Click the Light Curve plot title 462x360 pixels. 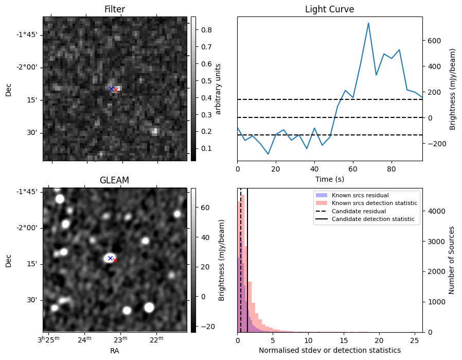[x=329, y=9]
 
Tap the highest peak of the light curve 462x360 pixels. [x=368, y=23]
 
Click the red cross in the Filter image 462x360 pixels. [x=116, y=90]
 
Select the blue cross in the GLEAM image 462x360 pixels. [x=110, y=258]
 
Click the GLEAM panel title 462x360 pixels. [x=114, y=180]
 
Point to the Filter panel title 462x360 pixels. [x=115, y=9]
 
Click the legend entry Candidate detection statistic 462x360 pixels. [x=373, y=219]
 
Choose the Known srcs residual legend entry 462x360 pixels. [x=360, y=195]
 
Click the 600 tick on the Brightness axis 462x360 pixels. [x=434, y=41]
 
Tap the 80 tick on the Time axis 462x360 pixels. [x=392, y=169]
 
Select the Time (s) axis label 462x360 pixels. [x=330, y=179]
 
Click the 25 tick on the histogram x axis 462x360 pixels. [x=415, y=340]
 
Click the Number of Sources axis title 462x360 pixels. [x=452, y=260]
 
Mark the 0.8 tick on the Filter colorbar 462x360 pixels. [x=206, y=30]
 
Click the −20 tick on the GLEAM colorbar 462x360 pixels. [x=206, y=327]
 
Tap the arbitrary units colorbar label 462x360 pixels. [x=218, y=89]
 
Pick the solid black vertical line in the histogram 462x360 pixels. [x=247, y=260]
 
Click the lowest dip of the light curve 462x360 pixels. [x=268, y=154]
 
